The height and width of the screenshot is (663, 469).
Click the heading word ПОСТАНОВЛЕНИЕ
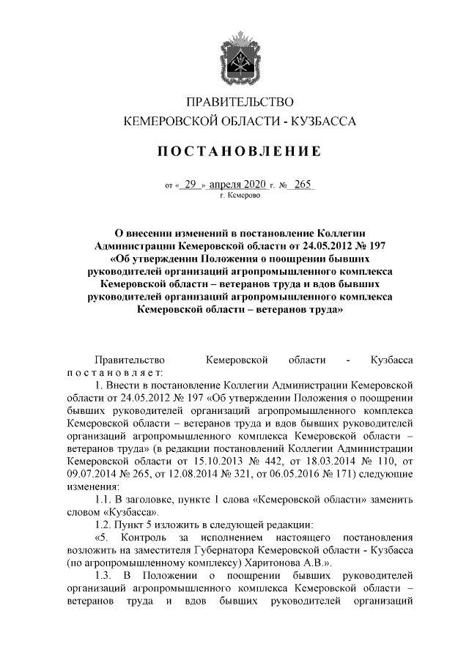click(x=240, y=152)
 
